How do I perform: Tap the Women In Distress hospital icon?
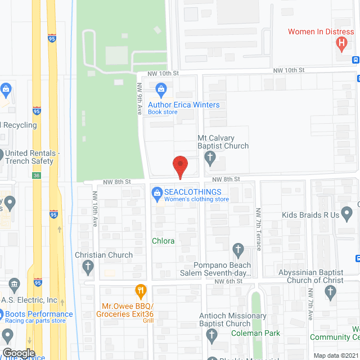341,43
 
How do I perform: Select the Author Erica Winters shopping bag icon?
161,88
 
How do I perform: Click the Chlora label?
163,241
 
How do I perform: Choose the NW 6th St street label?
231,281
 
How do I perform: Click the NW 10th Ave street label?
95,214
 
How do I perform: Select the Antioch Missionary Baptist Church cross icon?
211,336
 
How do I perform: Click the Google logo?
19,353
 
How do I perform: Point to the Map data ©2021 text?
336,355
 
